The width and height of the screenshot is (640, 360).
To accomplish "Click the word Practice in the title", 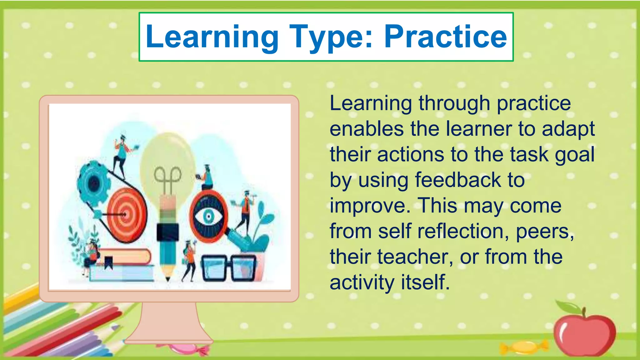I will coord(445,37).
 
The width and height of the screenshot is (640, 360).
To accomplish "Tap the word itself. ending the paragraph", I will coord(425,282).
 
